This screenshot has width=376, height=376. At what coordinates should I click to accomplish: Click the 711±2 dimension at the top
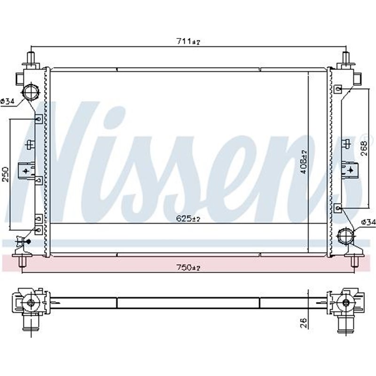click(188, 42)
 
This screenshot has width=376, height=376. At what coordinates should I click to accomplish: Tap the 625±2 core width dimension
click(188, 219)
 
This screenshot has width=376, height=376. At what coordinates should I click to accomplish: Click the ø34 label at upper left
click(8, 101)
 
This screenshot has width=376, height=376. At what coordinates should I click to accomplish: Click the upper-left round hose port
click(31, 90)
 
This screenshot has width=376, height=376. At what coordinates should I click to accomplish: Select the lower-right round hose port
click(346, 235)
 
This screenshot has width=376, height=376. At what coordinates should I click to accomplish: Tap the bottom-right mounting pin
click(355, 262)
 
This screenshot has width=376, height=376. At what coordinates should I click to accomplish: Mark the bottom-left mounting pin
click(21, 262)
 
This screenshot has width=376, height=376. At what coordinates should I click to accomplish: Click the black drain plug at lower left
click(28, 242)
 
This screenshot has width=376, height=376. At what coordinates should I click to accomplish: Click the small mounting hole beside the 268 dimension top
click(338, 88)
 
